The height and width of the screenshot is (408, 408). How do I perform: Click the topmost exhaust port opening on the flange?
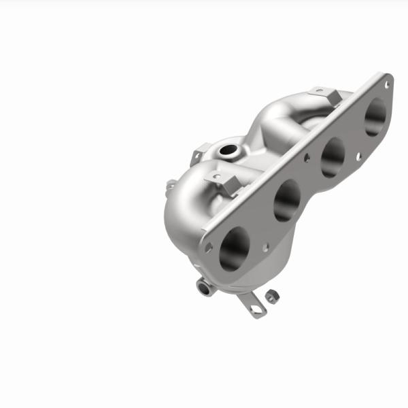click(375, 118)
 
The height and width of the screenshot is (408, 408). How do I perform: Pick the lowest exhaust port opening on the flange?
click(235, 248)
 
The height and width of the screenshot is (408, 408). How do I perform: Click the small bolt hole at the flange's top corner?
click(387, 85)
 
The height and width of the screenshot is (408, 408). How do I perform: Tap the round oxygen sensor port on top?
click(229, 150)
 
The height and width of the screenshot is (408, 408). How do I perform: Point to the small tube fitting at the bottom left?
click(204, 287)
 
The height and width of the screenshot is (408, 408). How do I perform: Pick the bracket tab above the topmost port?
click(324, 95)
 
